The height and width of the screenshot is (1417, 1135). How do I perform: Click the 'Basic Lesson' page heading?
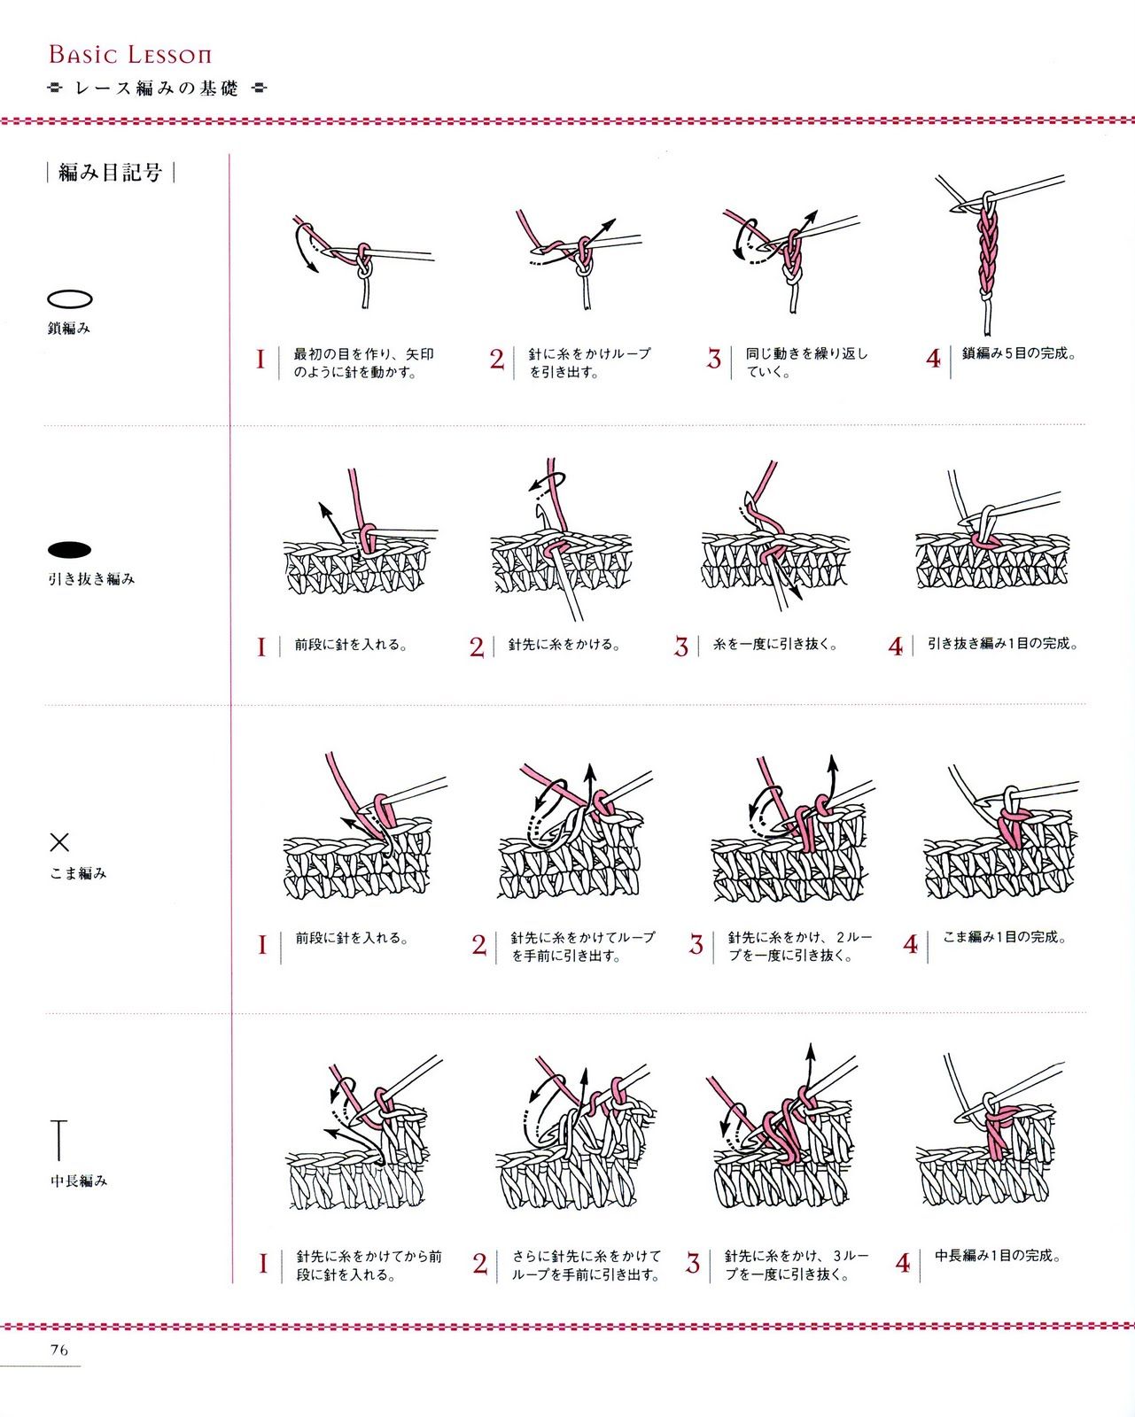pyautogui.click(x=130, y=55)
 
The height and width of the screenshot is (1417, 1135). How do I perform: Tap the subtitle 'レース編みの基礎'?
pyautogui.click(x=157, y=89)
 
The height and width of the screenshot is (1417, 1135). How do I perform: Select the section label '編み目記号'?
pyautogui.click(x=111, y=173)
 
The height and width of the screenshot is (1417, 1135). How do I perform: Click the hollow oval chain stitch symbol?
pyautogui.click(x=70, y=299)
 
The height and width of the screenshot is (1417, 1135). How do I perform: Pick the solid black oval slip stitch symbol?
pyautogui.click(x=69, y=550)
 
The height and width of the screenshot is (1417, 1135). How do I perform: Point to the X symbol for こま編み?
pyautogui.click(x=59, y=842)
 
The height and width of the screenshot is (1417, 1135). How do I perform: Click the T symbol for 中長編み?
pyautogui.click(x=59, y=1140)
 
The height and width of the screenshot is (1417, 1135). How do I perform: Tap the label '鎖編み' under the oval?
pyautogui.click(x=68, y=328)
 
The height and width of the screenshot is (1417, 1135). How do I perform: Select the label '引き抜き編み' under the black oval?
pyautogui.click(x=91, y=579)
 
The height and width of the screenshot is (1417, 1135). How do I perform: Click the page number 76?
pyautogui.click(x=59, y=1350)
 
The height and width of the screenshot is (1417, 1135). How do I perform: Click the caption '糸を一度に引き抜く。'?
pyautogui.click(x=776, y=645)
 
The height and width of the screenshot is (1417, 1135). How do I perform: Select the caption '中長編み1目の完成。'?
pyautogui.click(x=999, y=1255)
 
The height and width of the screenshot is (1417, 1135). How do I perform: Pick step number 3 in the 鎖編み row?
pyautogui.click(x=714, y=359)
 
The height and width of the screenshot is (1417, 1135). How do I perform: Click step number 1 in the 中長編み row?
pyautogui.click(x=263, y=1264)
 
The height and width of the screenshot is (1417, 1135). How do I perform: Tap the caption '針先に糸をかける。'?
pyautogui.click(x=564, y=645)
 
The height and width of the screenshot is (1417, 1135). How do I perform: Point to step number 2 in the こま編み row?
pyautogui.click(x=479, y=945)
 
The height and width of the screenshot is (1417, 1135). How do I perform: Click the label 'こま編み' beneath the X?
pyautogui.click(x=78, y=874)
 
